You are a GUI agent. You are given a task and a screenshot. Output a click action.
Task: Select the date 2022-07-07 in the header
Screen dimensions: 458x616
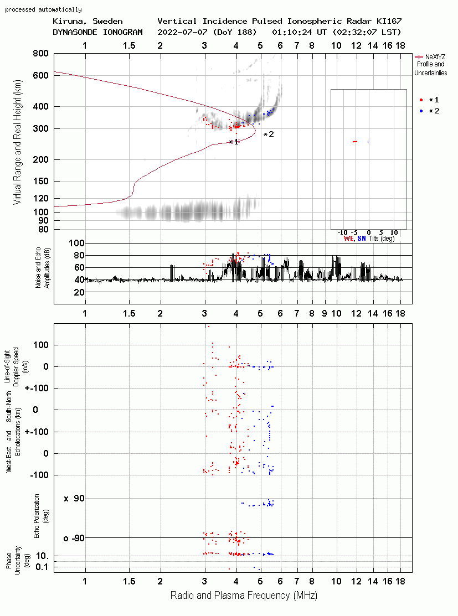183,32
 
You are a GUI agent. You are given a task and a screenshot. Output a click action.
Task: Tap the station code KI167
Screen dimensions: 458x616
389,21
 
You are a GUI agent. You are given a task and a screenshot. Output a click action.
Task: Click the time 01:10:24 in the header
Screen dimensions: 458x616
292,32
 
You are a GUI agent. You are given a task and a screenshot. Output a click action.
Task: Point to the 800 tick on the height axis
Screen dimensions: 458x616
40,54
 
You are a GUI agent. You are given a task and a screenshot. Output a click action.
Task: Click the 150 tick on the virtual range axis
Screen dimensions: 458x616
41,182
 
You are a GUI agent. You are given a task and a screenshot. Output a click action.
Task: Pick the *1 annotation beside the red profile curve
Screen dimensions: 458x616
234,142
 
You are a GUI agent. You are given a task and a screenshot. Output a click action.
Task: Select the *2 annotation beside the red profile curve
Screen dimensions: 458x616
269,134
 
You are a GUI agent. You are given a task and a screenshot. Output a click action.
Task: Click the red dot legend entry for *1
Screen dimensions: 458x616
421,100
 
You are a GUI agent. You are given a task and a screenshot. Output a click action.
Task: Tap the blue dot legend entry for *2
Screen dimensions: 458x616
421,111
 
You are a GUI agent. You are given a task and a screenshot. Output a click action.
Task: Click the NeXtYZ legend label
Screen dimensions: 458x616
435,57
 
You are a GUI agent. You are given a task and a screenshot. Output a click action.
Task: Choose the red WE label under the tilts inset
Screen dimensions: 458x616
348,239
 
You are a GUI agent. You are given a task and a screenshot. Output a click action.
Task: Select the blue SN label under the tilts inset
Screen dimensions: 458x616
362,239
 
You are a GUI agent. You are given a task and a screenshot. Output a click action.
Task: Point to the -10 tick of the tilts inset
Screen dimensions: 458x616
343,232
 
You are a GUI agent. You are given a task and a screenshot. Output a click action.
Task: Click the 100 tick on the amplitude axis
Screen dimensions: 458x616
76,243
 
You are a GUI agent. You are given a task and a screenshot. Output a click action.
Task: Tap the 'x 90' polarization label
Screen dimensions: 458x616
74,499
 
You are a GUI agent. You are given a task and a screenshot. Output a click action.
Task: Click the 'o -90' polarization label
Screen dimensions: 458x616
74,538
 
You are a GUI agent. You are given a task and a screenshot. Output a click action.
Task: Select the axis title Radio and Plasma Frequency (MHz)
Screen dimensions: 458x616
244,596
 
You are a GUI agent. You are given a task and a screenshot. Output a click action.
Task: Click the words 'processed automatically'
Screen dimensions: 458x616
43,9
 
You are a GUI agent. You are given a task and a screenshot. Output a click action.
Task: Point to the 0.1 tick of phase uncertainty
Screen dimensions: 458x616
42,567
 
